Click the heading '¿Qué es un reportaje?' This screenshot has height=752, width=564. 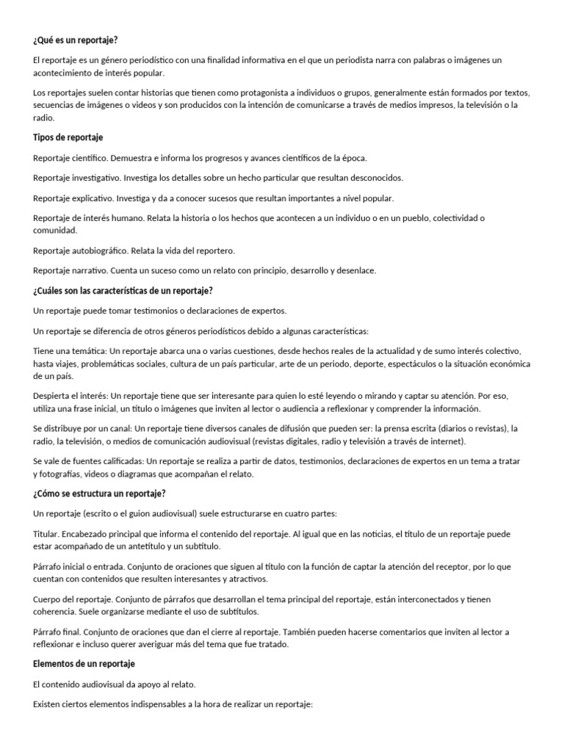[76, 40]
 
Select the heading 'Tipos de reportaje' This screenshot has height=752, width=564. [68, 137]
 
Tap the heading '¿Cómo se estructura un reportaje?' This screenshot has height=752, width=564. [99, 493]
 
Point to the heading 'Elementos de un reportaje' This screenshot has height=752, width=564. [84, 664]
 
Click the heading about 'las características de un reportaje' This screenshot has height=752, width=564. [123, 291]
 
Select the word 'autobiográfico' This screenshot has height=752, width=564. [100, 250]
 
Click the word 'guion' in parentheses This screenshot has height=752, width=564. [137, 513]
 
